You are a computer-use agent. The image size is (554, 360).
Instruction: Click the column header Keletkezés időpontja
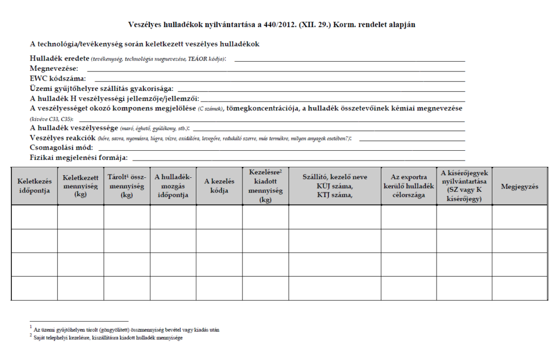pyautogui.click(x=34, y=186)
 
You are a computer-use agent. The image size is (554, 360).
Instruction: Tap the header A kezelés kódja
pyautogui.click(x=219, y=186)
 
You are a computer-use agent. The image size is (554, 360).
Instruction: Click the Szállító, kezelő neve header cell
pyautogui.click(x=334, y=186)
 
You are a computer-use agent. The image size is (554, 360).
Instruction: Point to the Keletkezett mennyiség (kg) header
pyautogui.click(x=81, y=186)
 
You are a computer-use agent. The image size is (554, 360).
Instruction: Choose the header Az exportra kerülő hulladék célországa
pyautogui.click(x=408, y=186)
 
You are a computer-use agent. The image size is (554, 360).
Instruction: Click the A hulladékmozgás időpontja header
pyautogui.click(x=173, y=186)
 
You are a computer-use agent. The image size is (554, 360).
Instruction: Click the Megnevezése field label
pyautogui.click(x=54, y=69)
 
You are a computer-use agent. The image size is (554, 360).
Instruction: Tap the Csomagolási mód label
pyautogui.click(x=62, y=148)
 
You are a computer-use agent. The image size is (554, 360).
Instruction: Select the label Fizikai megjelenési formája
pyautogui.click(x=78, y=157)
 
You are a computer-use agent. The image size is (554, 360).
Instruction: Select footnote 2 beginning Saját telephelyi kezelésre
pyautogui.click(x=108, y=337)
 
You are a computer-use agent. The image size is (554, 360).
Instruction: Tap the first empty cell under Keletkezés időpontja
pyautogui.click(x=34, y=217)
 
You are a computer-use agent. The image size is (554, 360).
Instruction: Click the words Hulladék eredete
pyautogui.click(x=60, y=58)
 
